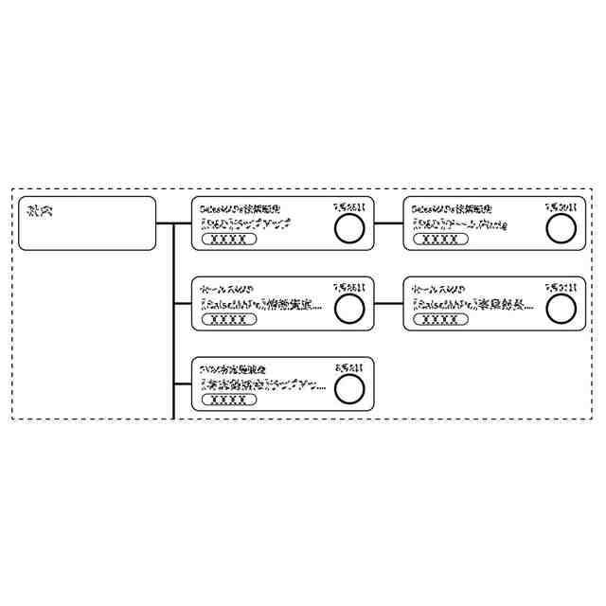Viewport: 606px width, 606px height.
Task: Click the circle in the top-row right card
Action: (561, 227)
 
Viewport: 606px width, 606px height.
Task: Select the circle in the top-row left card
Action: (349, 227)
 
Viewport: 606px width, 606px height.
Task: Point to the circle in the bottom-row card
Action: (349, 386)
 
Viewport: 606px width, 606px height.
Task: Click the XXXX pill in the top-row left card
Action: (228, 240)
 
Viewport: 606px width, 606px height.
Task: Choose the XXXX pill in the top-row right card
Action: (440, 240)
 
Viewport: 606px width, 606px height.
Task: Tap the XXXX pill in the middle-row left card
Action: (228, 319)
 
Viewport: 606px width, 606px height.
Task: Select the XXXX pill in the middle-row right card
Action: (440, 319)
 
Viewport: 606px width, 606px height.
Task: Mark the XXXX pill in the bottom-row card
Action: (228, 400)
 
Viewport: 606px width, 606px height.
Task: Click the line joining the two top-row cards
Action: (389, 223)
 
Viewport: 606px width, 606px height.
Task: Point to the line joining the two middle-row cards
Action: (389, 303)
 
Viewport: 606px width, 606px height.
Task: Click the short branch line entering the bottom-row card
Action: (183, 383)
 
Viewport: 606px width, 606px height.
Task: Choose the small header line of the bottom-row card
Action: (230, 366)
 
